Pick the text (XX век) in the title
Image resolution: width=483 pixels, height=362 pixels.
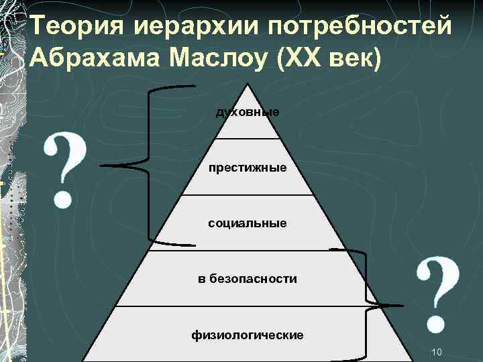point(327,59)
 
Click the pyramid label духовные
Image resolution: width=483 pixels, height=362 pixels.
point(248,112)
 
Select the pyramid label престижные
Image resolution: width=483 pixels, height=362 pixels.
point(248,168)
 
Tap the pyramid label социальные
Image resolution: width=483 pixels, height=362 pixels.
point(248,223)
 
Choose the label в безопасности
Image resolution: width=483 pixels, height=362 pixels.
point(248,278)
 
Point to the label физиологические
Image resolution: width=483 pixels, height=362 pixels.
point(248,334)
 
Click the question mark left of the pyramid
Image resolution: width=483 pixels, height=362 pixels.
point(65,168)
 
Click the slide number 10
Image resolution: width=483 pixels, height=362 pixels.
point(437,352)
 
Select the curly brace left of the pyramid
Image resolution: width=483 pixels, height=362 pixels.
point(148,164)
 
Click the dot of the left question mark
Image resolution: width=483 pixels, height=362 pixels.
point(63,199)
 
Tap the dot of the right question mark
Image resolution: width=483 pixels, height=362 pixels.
point(437,325)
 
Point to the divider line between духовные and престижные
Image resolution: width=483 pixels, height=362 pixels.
point(248,139)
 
